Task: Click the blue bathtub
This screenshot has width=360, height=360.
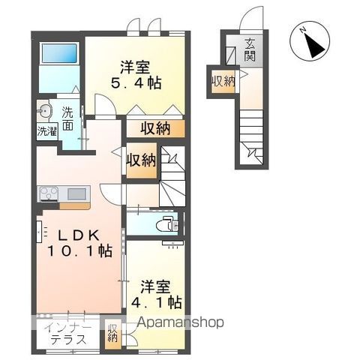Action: (59, 53)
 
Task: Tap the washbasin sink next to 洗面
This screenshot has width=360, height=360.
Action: (44, 110)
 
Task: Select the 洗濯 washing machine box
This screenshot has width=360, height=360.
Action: (47, 131)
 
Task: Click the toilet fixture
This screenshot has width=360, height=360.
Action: (166, 225)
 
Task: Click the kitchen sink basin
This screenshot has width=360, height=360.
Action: (76, 193)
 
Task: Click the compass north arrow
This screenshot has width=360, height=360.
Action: (312, 44)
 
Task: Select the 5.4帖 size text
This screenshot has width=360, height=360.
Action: (136, 83)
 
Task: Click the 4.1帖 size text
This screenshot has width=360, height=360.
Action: (157, 302)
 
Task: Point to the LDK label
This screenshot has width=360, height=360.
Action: (79, 235)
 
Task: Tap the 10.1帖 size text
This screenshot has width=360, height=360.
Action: (79, 250)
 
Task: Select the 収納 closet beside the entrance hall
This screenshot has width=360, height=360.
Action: (223, 82)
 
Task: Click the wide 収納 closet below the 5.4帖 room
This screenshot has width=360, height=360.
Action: (156, 129)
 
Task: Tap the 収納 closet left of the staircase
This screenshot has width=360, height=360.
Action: (142, 160)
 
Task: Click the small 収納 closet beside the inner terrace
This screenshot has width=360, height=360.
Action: (112, 334)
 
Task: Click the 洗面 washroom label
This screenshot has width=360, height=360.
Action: (67, 118)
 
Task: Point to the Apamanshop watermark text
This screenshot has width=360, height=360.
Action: (180, 322)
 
